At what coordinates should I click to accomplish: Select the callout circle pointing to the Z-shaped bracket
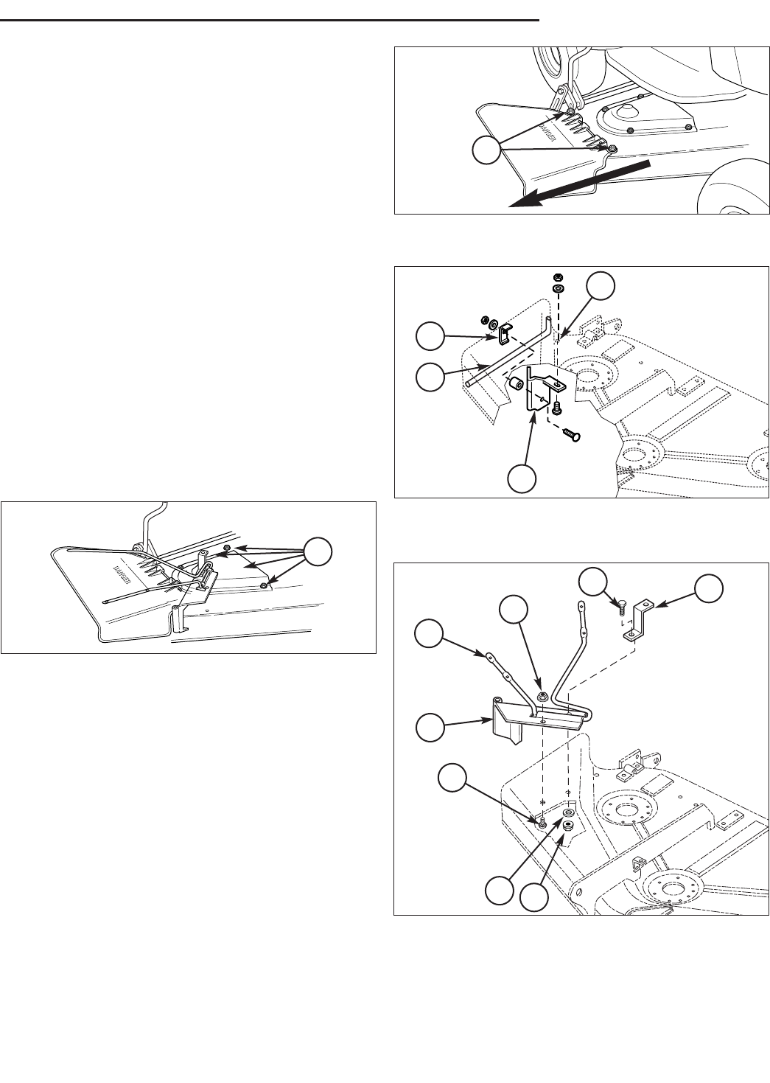coord(709,587)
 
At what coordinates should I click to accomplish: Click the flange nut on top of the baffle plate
coord(542,695)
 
